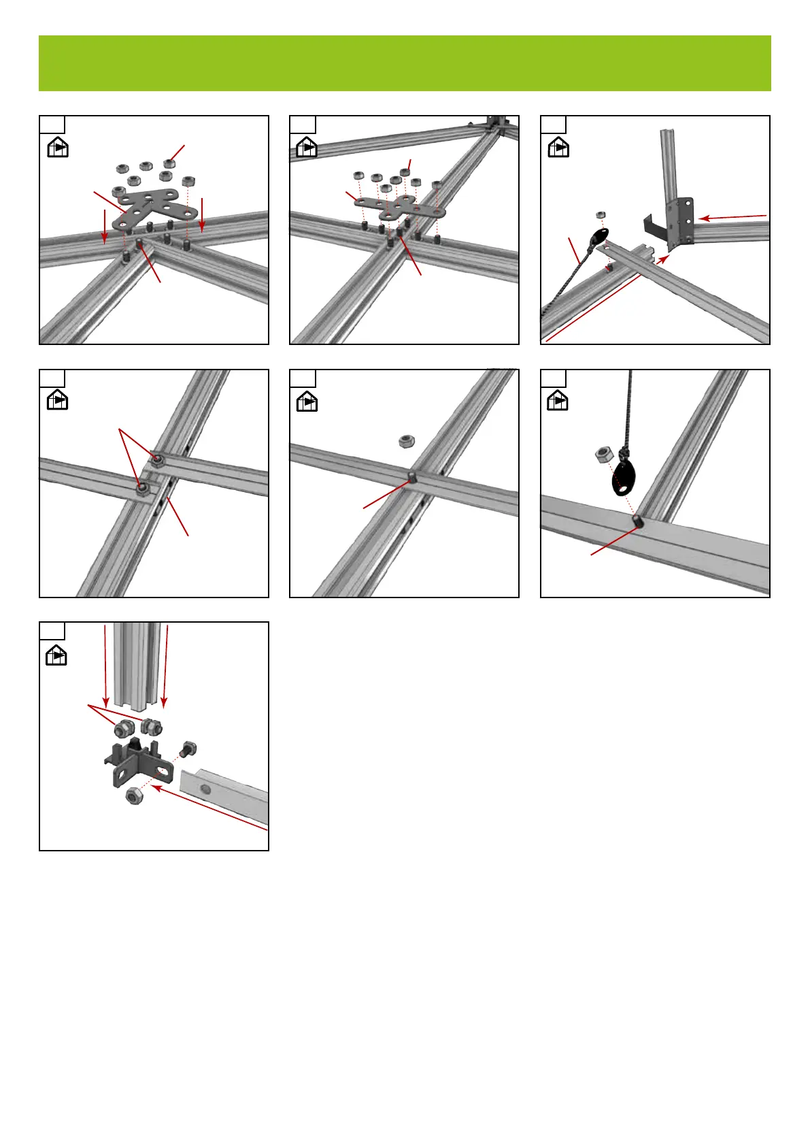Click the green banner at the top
405,63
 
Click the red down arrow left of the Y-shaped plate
104,227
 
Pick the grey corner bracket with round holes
681,221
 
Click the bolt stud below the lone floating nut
411,474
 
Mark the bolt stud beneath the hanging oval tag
639,521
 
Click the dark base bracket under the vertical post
136,762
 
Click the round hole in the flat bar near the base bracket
205,788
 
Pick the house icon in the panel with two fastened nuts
57,401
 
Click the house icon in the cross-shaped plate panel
307,147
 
